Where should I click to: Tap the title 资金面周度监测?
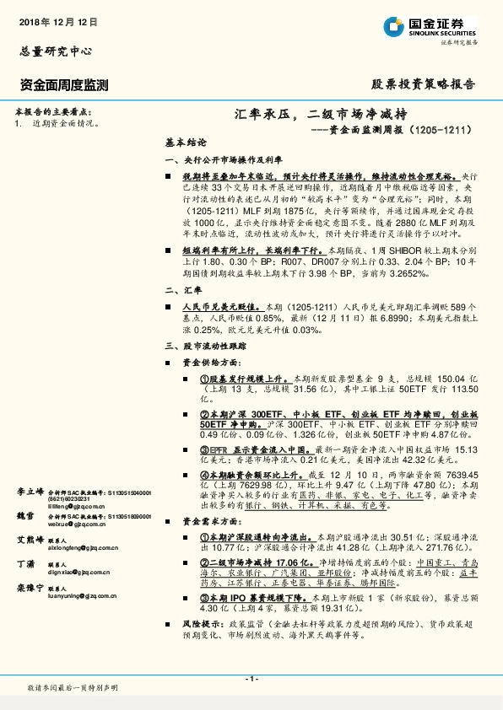(x=64, y=84)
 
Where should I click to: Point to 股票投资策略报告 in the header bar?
(x=423, y=84)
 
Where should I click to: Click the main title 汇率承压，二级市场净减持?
(x=322, y=114)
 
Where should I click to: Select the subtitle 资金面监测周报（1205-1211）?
(x=394, y=131)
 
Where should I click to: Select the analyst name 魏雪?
(x=24, y=514)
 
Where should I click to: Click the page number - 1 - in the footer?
(x=251, y=679)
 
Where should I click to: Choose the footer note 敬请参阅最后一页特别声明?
(x=73, y=688)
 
